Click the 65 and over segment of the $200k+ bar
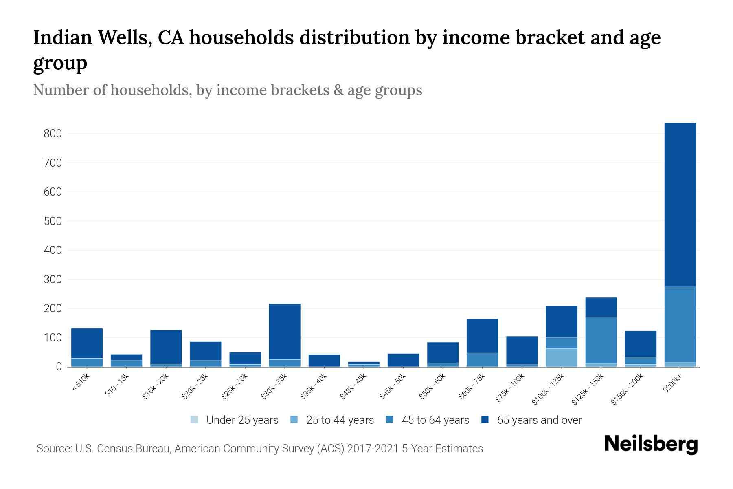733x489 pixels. tap(680, 204)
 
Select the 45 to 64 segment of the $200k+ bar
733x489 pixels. tap(680, 324)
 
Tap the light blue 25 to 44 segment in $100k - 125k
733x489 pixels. tap(562, 357)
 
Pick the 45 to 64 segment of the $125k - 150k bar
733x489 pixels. tap(601, 340)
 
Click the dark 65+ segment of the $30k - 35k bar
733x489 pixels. tap(285, 331)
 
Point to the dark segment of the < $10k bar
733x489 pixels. tap(87, 343)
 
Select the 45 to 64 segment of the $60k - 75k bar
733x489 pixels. tap(482, 359)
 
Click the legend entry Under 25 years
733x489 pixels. tap(242, 420)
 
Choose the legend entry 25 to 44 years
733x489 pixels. tap(340, 420)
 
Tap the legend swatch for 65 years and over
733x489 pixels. tap(485, 420)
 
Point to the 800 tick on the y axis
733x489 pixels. tap(53, 134)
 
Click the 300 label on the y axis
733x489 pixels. tap(53, 280)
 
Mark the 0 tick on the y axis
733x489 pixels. tap(59, 367)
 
